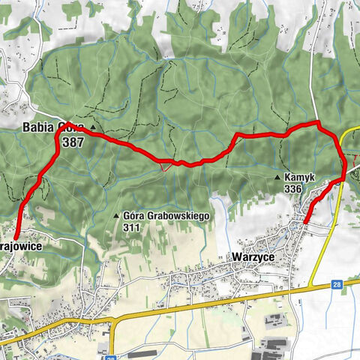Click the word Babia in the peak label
(38, 127)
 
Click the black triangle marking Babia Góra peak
(92, 127)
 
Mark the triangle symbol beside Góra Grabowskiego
(116, 216)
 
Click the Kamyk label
(301, 178)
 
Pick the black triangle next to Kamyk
(277, 178)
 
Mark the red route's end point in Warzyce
(306, 220)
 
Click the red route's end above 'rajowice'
(16, 238)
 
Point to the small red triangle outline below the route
(163, 167)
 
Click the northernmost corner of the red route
(318, 122)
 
